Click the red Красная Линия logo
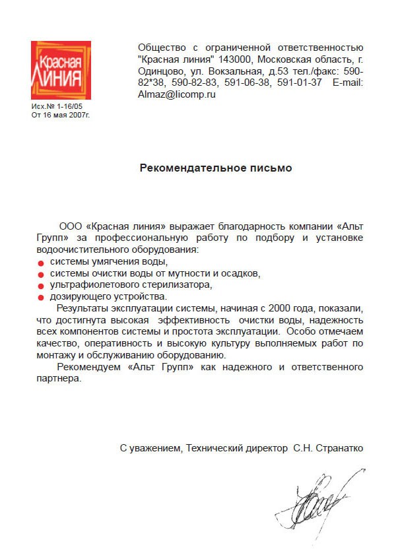(61, 71)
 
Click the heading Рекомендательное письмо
(216, 168)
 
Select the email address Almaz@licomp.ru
(177, 94)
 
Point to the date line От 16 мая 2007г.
(60, 114)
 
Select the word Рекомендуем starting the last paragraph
(89, 366)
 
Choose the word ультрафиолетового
(92, 286)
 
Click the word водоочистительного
(81, 250)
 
